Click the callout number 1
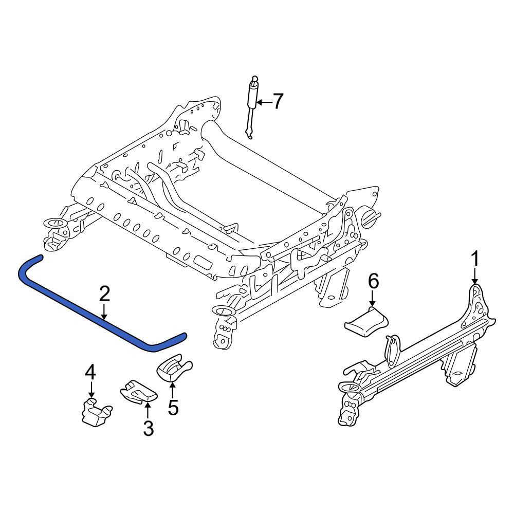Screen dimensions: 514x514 475,259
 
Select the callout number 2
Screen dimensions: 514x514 104,293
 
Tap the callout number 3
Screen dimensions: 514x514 148,428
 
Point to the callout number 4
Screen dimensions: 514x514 90,372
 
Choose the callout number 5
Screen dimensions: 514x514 173,408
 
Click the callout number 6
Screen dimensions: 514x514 373,281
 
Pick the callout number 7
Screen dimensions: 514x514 278,101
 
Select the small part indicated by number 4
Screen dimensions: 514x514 96,413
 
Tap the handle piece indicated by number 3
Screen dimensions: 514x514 139,391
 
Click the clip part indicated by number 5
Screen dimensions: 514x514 173,368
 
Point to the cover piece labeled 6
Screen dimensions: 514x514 365,322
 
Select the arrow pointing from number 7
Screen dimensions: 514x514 264,103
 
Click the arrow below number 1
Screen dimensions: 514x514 474,276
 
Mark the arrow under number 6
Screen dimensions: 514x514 372,299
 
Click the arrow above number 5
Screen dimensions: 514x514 172,390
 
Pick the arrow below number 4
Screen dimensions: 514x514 91,390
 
